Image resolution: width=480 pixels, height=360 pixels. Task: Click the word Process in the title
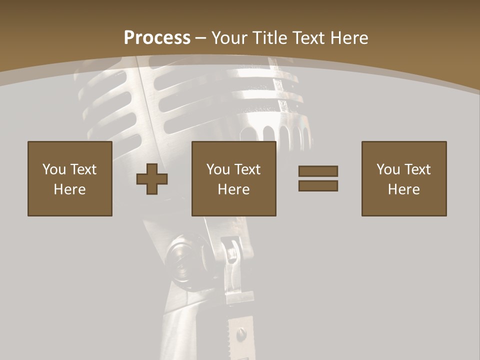157,38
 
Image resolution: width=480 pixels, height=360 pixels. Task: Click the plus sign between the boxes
152,179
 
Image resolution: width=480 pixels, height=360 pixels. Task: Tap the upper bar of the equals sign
318,171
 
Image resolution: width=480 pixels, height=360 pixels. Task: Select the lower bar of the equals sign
318,185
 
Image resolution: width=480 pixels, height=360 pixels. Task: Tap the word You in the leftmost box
53,169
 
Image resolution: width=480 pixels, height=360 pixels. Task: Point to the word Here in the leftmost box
69,189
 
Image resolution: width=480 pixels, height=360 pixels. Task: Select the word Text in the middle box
247,169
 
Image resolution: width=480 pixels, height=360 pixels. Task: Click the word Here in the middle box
233,189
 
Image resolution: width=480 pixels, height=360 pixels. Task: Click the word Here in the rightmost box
403,189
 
